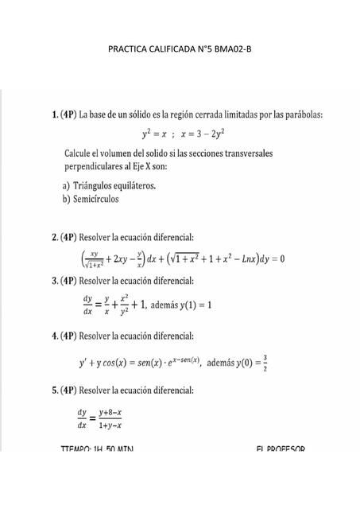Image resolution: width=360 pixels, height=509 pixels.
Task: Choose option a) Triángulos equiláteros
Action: click(109, 185)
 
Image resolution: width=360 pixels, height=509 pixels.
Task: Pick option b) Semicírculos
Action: click(91, 199)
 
